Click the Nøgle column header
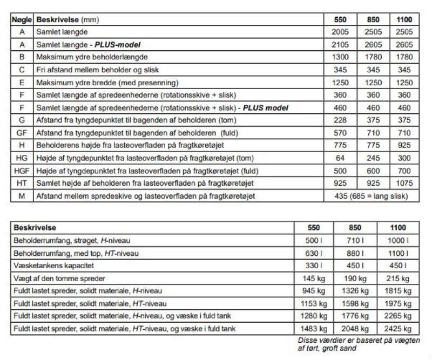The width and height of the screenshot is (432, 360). (x=22, y=19)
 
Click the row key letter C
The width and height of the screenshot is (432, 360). (x=22, y=70)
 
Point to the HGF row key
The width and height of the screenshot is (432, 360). (x=22, y=171)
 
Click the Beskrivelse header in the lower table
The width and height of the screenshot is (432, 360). (x=36, y=228)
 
